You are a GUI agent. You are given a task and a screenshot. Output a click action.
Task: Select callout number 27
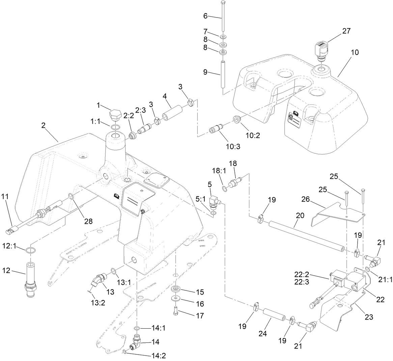(346, 31)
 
